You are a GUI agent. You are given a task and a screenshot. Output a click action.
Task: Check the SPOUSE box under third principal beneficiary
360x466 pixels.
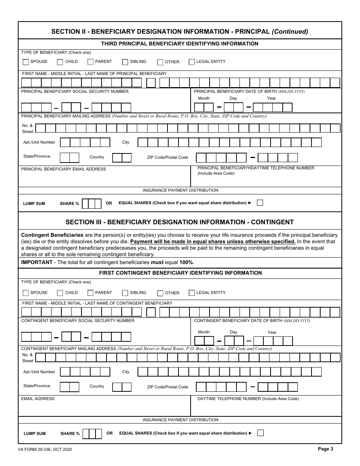coord(25,62)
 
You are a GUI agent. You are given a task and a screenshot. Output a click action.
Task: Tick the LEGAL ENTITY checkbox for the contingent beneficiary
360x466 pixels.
coord(192,292)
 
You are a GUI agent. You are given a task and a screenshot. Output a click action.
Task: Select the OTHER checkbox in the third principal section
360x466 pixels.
coord(160,62)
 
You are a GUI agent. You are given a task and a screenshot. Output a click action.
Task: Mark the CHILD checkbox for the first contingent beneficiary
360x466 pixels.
coord(60,293)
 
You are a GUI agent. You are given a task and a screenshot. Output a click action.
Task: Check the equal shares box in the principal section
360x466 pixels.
coord(260,203)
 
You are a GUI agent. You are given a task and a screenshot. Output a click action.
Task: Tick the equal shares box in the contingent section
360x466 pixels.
coord(260,433)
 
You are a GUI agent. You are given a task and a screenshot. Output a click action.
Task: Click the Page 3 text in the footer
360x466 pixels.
coord(326,449)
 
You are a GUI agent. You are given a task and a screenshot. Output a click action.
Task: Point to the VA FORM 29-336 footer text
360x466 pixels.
coord(45,449)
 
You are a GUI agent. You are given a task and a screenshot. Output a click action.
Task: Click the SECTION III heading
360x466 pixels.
coord(180,222)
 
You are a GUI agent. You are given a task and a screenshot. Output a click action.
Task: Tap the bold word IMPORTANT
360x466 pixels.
coord(37,263)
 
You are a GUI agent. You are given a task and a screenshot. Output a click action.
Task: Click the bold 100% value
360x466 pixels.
coord(186,263)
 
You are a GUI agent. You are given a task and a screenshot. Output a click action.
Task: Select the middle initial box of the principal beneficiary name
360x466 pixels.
coord(151,83)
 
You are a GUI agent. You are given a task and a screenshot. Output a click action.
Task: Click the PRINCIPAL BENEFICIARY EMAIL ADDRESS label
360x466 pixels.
coord(64,169)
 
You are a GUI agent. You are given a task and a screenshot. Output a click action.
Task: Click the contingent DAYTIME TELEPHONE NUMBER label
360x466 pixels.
coord(248,399)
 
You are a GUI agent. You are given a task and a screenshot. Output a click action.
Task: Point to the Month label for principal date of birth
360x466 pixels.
coord(203,99)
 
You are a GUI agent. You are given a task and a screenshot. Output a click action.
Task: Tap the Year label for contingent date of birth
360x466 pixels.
coord(272,332)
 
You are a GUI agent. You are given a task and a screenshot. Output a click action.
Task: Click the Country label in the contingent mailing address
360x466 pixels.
coord(97,386)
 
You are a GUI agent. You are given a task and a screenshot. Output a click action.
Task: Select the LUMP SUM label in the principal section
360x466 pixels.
coord(34,203)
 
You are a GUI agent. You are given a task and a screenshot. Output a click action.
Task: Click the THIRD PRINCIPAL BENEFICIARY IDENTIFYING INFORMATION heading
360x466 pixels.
coord(180,44)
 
